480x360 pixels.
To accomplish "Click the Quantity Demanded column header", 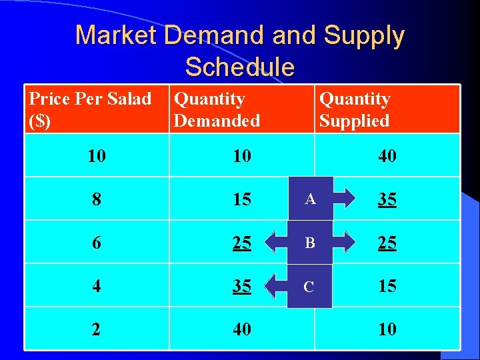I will point(217,110).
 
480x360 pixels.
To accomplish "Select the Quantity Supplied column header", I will point(355,110).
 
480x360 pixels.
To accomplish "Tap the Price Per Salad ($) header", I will point(91,110).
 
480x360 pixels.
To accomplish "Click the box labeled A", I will point(310,199).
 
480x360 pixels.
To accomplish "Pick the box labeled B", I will point(310,243).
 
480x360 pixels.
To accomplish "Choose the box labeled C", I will point(309,286).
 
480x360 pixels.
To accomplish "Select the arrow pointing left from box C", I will point(274,286).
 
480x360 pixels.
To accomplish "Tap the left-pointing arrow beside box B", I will point(274,243).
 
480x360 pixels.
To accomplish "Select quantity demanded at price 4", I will point(242,286).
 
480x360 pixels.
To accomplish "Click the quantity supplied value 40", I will point(387,156).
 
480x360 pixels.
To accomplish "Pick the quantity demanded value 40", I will point(242,329).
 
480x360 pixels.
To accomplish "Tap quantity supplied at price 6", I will point(387,243).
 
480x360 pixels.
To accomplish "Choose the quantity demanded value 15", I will point(242,199).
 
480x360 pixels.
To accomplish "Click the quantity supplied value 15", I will point(387,286).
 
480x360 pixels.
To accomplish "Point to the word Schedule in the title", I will point(239,67).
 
